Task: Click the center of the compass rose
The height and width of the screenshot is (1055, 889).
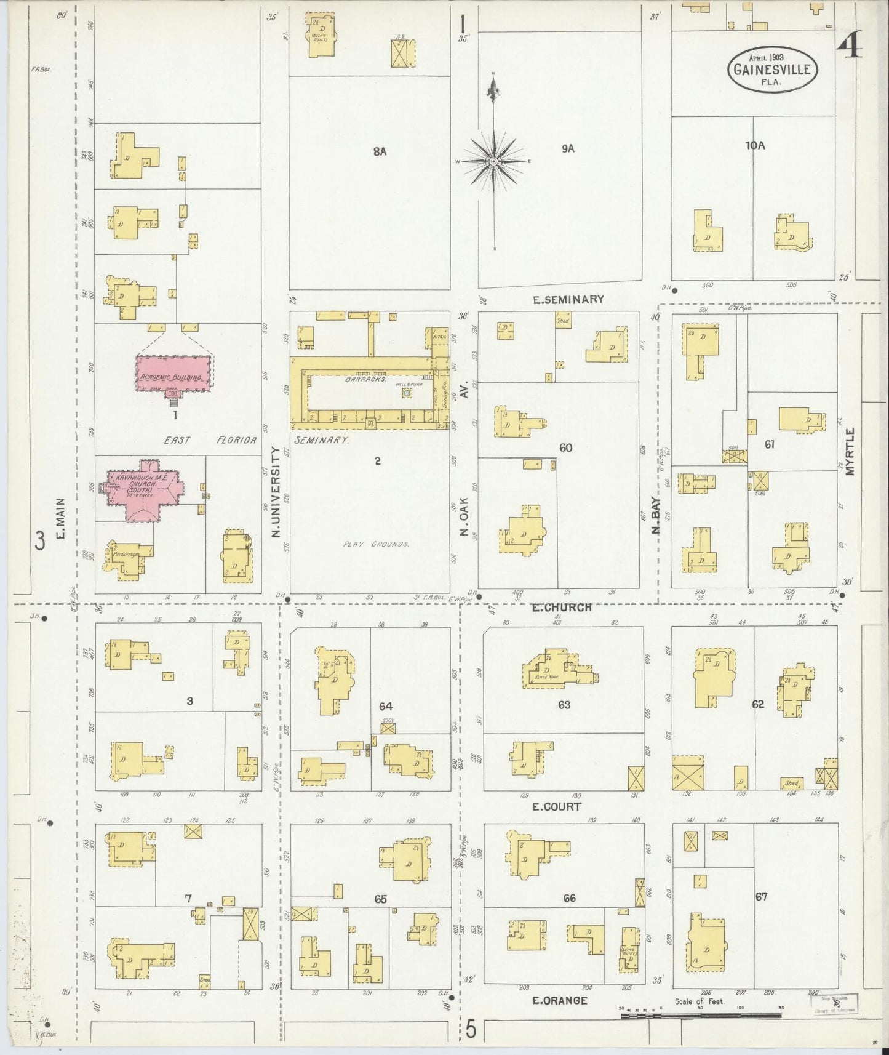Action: [x=493, y=161]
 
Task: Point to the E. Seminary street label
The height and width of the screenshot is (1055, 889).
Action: [x=568, y=300]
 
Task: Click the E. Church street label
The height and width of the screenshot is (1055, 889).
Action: [x=562, y=607]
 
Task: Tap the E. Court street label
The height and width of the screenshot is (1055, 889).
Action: [x=556, y=806]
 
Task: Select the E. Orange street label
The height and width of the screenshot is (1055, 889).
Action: [x=560, y=1000]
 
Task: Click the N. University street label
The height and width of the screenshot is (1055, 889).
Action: [x=276, y=491]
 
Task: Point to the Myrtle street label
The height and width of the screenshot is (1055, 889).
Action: [x=850, y=451]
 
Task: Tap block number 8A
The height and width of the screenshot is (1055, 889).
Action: [x=379, y=151]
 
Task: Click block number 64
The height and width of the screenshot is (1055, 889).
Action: [x=386, y=707]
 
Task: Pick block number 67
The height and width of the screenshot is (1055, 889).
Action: [x=762, y=897]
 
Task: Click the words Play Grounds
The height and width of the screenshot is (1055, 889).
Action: [x=376, y=545]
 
